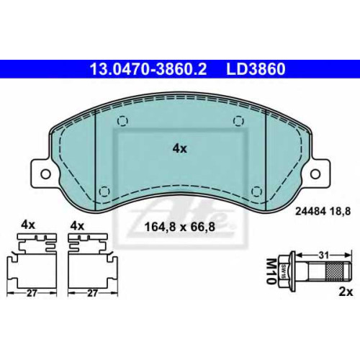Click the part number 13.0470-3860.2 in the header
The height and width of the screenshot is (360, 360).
point(148,68)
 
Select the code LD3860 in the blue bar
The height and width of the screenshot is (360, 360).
point(256,68)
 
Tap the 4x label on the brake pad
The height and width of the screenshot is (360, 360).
point(179,149)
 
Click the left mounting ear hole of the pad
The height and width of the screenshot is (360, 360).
point(45,174)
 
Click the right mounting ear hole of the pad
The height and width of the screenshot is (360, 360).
point(315,174)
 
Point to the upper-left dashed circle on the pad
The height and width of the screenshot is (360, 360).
point(122,121)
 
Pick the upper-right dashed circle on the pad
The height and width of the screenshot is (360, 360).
point(238,121)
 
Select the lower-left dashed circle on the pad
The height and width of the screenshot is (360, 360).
point(104,192)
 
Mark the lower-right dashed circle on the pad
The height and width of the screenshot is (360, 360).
point(256,192)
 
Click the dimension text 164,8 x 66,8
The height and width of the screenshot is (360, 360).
point(180,227)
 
